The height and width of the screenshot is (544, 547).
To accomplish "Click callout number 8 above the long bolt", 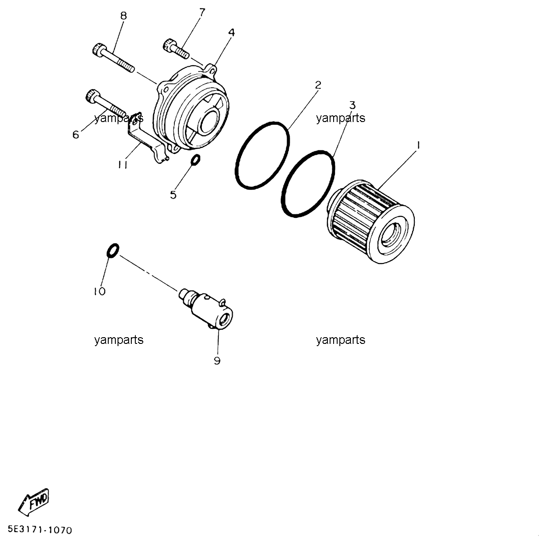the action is pos(123,16).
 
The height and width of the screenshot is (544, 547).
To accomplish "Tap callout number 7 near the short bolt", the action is pos(202,12).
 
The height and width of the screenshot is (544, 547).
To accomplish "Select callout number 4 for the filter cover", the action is pos(232,33).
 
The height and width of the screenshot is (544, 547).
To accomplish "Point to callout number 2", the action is pos(318,85).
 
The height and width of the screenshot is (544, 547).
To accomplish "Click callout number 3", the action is pos(352,105).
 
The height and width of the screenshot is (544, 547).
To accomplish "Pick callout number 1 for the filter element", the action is pos(418,146).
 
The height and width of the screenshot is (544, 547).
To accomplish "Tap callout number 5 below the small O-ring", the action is pos(173,195).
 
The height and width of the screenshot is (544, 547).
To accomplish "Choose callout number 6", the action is pos(75,134).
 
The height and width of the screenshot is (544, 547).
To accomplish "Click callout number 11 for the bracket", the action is pos(123,165).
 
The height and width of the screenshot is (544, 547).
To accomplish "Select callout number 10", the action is pos(100,292).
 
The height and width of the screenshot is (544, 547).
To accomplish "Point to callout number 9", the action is pos(217,361).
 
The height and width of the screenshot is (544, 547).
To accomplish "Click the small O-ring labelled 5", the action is pos(195,160).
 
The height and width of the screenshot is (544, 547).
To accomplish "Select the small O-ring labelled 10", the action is pos(113,251).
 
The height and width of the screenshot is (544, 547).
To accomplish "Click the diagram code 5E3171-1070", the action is pos(40,530).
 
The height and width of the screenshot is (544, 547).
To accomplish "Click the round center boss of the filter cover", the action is pos(210,120).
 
